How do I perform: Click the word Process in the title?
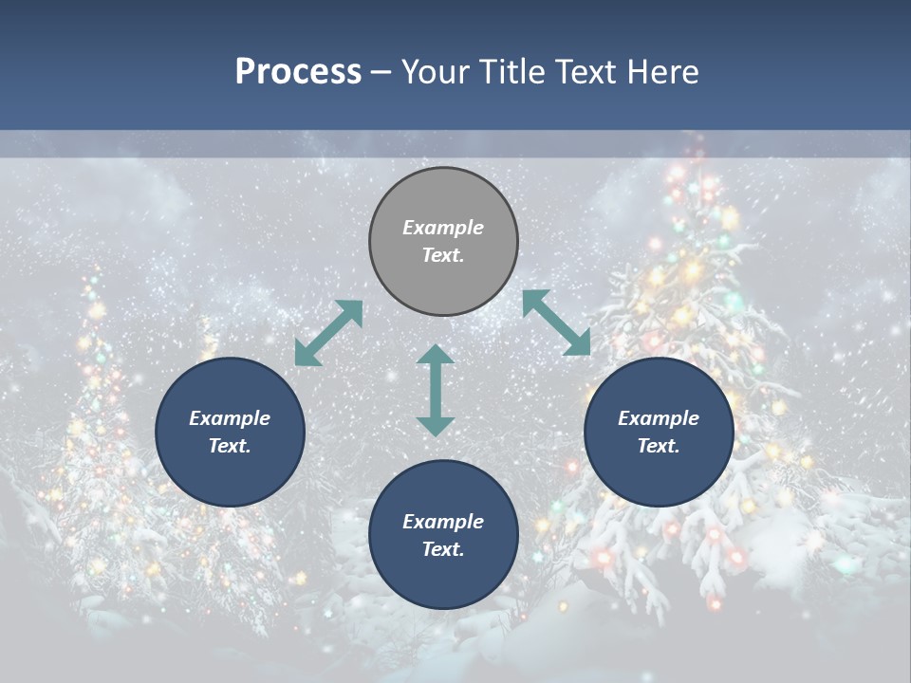pos(298,72)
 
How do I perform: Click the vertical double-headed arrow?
pos(436,390)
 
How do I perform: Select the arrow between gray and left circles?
pos(328,333)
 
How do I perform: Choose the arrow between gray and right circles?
pos(556,323)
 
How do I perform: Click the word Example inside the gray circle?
pos(443,228)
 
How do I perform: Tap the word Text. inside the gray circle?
pos(443,255)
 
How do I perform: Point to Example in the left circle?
pos(230,418)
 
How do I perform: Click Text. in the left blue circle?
pos(230,446)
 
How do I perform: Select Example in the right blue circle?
pos(659,418)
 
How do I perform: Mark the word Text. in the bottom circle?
pos(443,549)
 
